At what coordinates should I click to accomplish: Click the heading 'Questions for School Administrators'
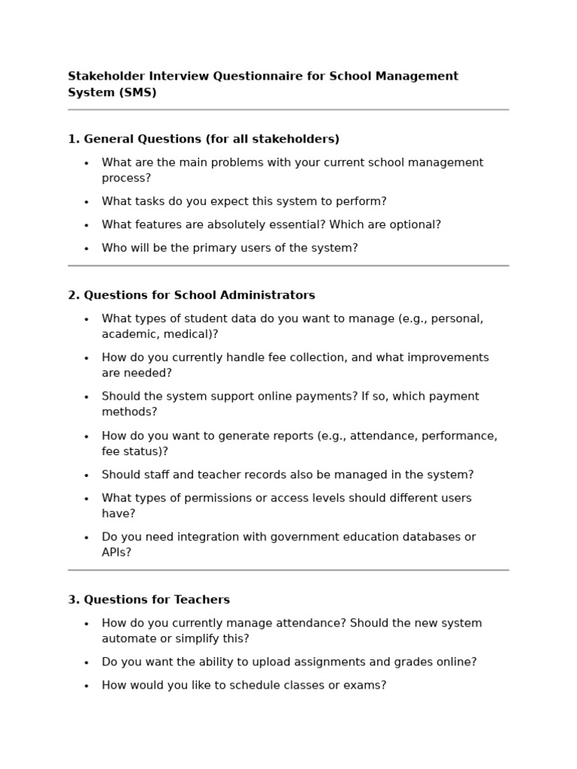coord(199,295)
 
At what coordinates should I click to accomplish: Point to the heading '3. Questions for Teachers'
coord(149,600)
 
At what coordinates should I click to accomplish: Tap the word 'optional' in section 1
coord(414,225)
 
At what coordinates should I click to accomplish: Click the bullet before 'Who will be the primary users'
coord(86,249)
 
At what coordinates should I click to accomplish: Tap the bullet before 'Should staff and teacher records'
coord(86,475)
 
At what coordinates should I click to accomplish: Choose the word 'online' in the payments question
coord(267,397)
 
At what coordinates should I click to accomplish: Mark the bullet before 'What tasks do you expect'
coord(86,202)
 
